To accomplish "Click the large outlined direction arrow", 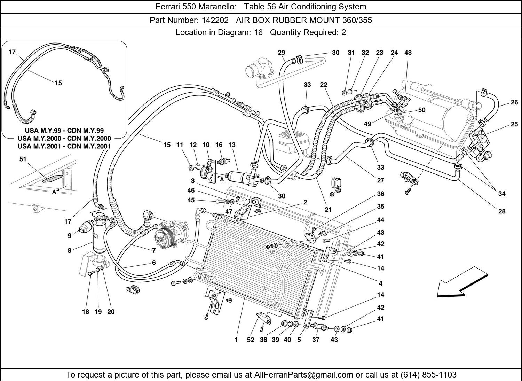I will [460, 282].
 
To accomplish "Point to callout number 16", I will [219, 145].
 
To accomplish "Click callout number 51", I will [23, 159].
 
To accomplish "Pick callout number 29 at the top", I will [282, 53].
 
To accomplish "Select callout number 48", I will [408, 53].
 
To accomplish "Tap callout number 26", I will [514, 102].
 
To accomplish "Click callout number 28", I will [501, 211].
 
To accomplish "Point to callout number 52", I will [251, 340].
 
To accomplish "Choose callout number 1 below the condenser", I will [236, 340].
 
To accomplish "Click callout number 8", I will [70, 250].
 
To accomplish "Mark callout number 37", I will [316, 340].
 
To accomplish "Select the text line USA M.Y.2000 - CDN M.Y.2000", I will [64, 138].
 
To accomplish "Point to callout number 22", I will [324, 85].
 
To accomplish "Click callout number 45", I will [191, 200].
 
